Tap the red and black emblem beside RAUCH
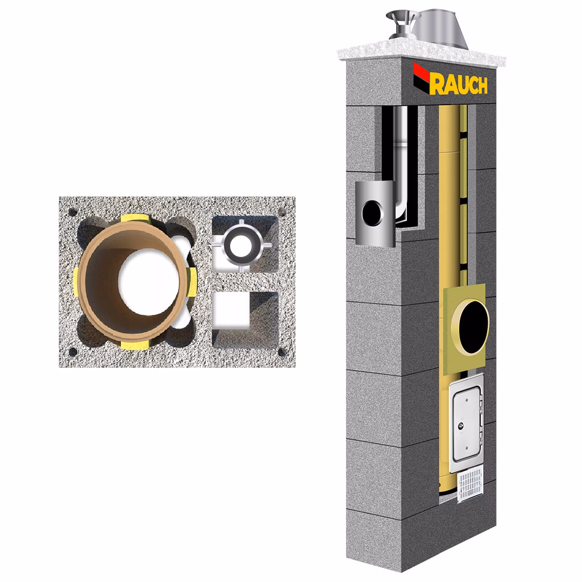422,77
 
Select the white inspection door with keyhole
466,423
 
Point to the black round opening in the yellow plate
473,327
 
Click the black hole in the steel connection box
372,213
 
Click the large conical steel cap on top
439,28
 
